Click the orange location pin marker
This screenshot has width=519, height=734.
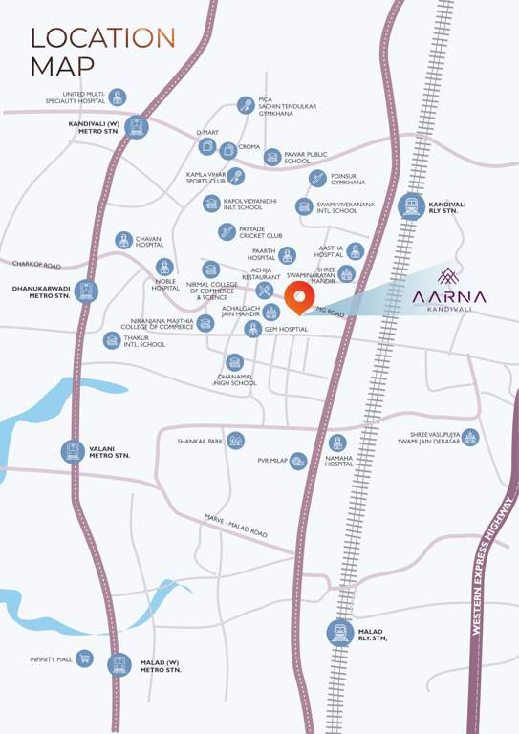tap(299, 297)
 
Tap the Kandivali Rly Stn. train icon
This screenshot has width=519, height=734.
tap(412, 205)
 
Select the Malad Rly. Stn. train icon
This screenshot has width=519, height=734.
tap(339, 632)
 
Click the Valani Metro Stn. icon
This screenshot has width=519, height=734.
tap(73, 451)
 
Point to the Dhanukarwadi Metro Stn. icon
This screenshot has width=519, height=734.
tap(87, 291)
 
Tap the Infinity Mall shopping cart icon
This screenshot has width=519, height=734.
tap(84, 658)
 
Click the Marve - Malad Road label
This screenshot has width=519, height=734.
tap(235, 527)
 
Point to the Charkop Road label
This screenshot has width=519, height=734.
tap(36, 265)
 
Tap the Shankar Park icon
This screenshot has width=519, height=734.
tap(235, 441)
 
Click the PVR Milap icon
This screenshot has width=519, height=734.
tap(298, 462)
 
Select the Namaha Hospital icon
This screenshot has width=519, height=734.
tap(337, 443)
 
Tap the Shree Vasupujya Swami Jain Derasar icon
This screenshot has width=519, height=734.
tap(469, 438)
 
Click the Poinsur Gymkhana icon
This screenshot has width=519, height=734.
tap(317, 179)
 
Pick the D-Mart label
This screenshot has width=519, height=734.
tap(207, 132)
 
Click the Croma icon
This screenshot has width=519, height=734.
tap(227, 150)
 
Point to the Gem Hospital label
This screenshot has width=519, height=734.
tap(286, 329)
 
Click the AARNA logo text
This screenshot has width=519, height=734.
tap(449, 297)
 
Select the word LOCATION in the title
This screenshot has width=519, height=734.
tap(103, 37)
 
